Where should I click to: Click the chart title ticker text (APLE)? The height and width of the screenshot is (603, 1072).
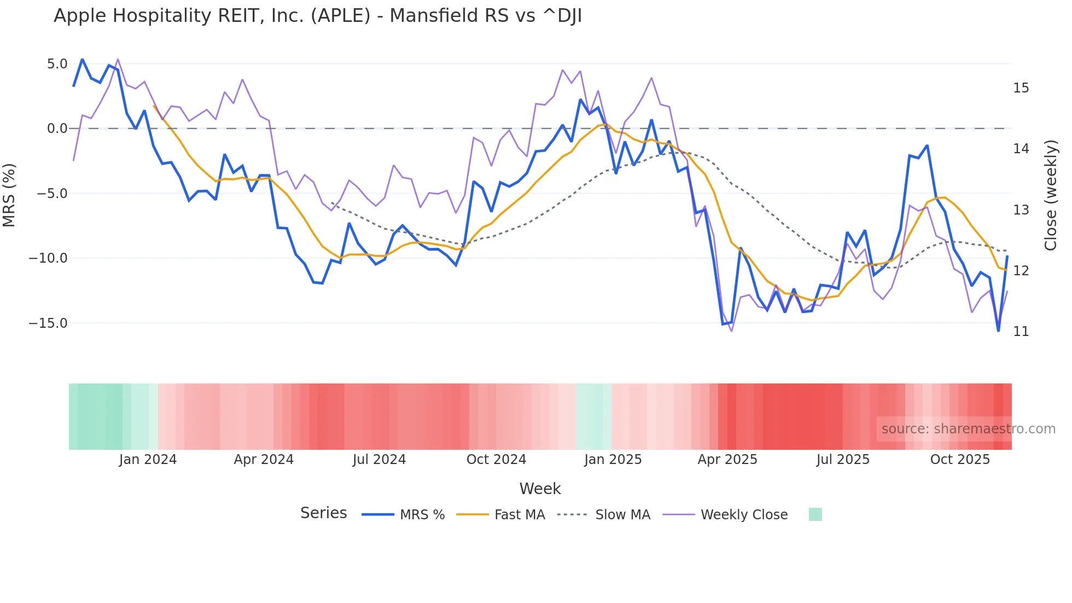click(341, 16)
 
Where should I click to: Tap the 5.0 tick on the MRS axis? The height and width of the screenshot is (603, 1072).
click(57, 64)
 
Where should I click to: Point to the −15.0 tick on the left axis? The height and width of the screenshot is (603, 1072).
click(48, 323)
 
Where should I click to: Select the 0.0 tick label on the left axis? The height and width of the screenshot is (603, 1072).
click(57, 129)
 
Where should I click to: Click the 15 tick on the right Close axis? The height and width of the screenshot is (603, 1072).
click(1021, 88)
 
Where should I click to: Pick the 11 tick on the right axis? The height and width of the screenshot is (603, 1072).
click(1021, 332)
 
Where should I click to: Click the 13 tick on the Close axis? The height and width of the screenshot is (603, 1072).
click(1021, 210)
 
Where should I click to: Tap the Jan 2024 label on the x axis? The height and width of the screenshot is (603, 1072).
click(148, 460)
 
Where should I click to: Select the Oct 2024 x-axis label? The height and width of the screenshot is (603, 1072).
click(496, 460)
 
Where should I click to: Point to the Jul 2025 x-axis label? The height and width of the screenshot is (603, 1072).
click(843, 460)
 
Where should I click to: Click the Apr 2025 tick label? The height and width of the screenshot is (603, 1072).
click(727, 460)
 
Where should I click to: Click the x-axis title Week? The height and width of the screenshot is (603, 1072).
click(540, 489)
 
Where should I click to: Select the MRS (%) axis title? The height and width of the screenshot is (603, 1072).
click(9, 195)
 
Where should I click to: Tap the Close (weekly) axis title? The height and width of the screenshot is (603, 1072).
click(1051, 195)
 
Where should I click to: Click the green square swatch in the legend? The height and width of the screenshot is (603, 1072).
click(815, 514)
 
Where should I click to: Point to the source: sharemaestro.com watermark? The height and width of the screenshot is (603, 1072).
click(968, 429)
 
